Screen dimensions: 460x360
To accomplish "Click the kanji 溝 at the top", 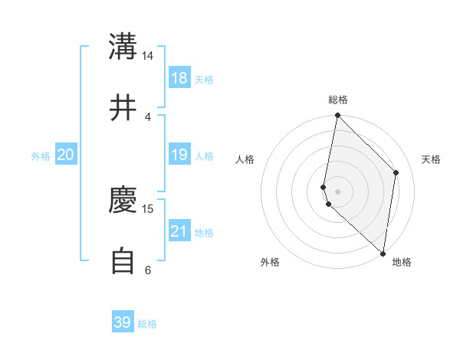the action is tap(123, 47).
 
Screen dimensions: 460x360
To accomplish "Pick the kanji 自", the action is tap(123, 261).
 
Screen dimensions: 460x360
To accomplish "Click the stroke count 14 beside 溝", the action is tap(148, 56).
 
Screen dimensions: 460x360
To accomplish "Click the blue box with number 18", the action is tap(179, 78).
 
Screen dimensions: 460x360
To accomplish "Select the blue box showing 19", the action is tap(179, 155).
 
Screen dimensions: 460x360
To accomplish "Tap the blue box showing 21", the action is tap(179, 231).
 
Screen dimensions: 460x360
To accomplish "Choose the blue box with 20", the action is tap(65, 155).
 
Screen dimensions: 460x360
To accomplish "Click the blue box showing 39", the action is tap(123, 322).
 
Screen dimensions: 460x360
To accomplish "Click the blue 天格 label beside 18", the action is tap(204, 80).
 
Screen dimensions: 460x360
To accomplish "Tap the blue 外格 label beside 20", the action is tap(41, 156).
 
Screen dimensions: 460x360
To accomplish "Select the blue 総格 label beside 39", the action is tap(147, 324).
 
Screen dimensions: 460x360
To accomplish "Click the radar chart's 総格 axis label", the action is tap(338, 100).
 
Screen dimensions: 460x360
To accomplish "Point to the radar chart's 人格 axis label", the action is tap(245, 159).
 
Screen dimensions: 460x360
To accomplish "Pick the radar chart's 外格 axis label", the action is tap(270, 262).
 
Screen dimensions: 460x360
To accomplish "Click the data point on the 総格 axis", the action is tap(337, 116).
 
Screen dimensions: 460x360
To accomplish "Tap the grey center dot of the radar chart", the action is tap(337, 191).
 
